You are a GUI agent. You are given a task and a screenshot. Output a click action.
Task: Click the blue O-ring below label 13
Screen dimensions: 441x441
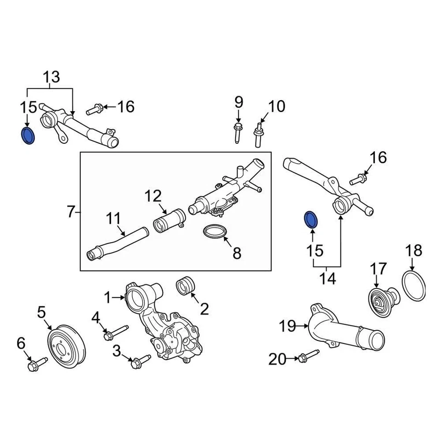28,136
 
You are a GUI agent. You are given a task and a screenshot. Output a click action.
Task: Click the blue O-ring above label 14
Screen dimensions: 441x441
311,220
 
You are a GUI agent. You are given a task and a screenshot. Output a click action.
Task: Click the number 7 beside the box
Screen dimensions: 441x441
70,212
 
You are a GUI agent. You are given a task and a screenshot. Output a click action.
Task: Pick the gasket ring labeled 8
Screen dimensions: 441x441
215,232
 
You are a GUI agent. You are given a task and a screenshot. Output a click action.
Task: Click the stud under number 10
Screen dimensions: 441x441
258,135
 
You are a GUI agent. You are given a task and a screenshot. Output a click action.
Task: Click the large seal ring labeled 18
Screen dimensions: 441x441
414,285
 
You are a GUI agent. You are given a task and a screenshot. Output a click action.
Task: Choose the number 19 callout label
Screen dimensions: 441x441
288,326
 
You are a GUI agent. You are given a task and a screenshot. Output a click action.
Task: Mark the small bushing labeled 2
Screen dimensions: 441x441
186,285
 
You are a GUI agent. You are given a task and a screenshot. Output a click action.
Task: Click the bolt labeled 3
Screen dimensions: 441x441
139,361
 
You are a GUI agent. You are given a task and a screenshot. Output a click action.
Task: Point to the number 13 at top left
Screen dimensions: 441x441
51,77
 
